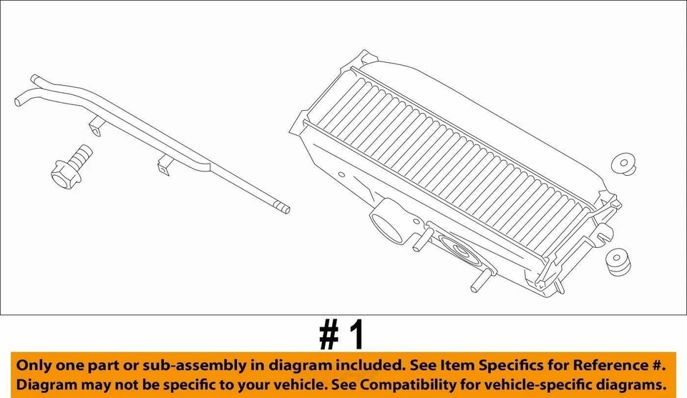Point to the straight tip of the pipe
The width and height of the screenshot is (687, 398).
[x=284, y=209]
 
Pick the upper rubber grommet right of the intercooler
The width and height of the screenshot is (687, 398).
[x=625, y=164]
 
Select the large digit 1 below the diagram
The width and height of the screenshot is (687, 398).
[x=356, y=333]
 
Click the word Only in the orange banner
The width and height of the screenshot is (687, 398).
[x=34, y=366]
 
